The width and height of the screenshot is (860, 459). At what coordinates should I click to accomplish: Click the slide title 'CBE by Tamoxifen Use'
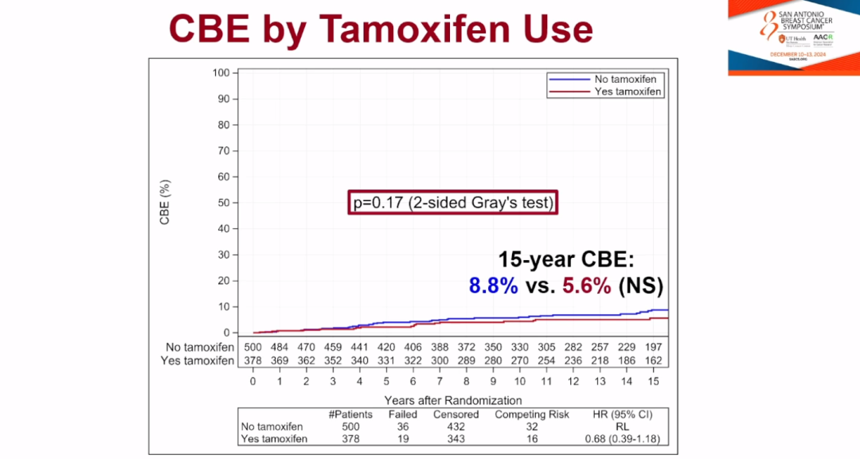[x=381, y=29]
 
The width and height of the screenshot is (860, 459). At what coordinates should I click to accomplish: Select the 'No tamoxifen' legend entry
[x=620, y=79]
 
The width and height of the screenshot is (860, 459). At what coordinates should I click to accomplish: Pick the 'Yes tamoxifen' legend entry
[x=620, y=91]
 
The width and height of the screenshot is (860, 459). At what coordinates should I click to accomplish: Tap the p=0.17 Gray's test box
[x=452, y=203]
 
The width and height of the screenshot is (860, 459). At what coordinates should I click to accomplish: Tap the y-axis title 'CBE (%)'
[x=165, y=202]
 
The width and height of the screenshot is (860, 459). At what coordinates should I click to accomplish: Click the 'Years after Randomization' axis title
[x=452, y=400]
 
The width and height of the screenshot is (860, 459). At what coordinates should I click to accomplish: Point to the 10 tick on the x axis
[x=519, y=381]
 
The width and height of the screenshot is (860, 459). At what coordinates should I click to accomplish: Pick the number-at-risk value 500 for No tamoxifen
[x=253, y=347]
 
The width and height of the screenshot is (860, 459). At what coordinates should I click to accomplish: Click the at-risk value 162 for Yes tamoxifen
[x=654, y=360]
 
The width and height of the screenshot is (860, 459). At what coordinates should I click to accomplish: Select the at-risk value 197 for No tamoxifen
[x=654, y=347]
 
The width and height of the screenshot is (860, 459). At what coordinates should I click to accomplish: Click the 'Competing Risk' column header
[x=532, y=414]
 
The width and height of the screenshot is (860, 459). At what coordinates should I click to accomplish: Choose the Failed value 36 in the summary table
[x=402, y=427]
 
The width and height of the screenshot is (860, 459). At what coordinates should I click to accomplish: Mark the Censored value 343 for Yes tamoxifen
[x=455, y=439]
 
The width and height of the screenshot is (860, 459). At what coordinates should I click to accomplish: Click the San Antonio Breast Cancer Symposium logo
[x=793, y=37]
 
